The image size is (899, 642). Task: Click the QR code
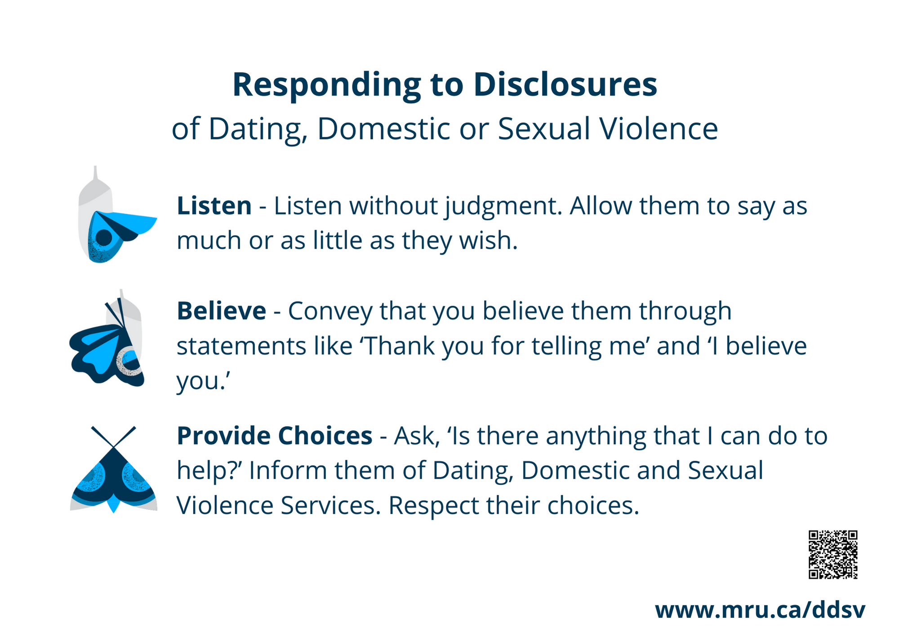pos(833,554)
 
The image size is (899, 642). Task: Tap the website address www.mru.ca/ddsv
pos(760,610)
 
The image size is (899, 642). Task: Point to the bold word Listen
pos(214,206)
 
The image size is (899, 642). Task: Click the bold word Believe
pos(221,311)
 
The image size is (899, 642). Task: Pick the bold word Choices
pos(325,436)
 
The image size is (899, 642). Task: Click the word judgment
pos(503,207)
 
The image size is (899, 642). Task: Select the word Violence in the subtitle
pos(659,129)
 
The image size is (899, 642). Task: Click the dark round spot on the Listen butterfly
pos(104,237)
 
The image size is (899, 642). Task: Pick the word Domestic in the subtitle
pos(384,129)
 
